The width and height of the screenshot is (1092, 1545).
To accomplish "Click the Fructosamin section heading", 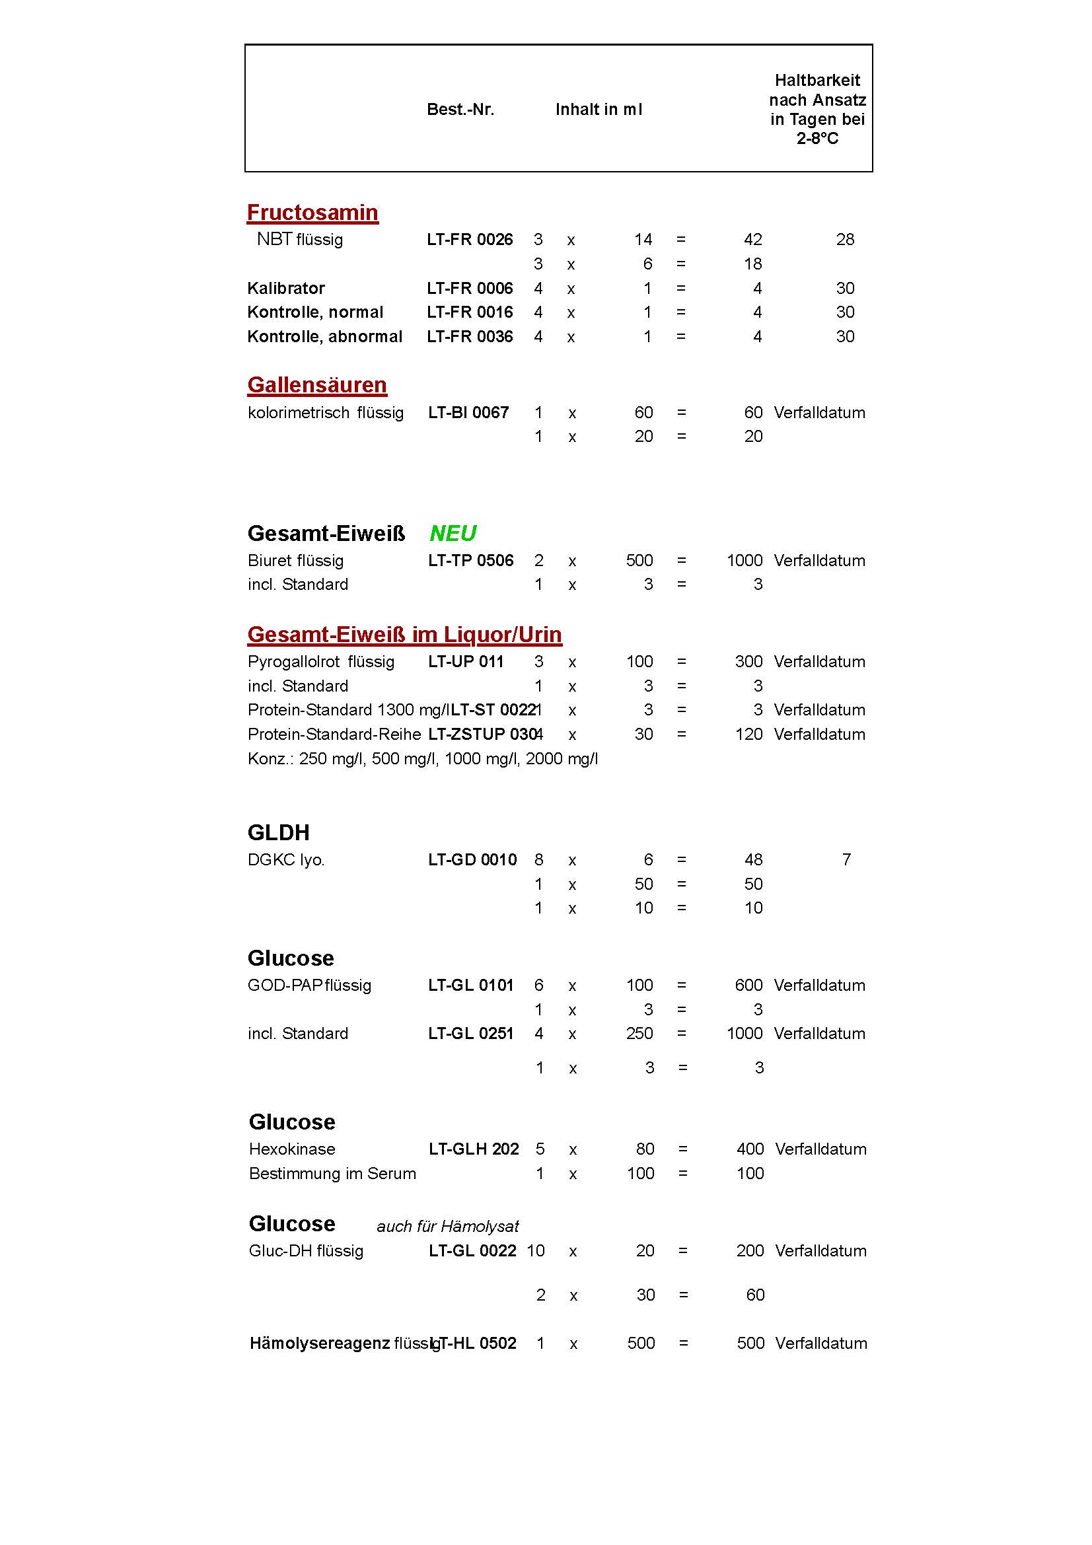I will [312, 213].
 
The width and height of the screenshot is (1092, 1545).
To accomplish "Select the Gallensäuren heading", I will [317, 385].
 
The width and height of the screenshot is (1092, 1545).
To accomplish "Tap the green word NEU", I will [453, 534].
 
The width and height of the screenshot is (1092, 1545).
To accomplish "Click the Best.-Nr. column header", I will [460, 110].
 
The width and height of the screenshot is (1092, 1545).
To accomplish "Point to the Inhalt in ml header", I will [599, 110].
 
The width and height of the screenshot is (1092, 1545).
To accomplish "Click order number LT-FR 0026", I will [470, 240].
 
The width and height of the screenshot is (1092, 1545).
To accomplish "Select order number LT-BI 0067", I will [468, 412].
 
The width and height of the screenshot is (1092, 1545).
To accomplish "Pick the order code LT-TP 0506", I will [470, 561].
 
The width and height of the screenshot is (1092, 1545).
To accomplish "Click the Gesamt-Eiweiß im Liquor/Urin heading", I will [404, 635].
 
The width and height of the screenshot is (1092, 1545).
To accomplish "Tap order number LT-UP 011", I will [466, 661].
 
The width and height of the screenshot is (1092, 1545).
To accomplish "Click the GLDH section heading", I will [279, 833].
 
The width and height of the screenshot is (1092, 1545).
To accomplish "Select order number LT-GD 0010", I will [472, 860].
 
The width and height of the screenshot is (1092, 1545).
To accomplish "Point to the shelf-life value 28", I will [845, 240].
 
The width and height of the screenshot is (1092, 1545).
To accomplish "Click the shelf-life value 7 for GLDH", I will [846, 860].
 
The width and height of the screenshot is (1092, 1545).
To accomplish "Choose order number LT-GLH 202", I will [474, 1149].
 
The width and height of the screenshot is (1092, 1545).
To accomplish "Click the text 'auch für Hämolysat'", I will [447, 1227].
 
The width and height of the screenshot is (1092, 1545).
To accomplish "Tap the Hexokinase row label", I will [292, 1149].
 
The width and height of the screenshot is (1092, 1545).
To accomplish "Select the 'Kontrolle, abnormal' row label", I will [325, 336].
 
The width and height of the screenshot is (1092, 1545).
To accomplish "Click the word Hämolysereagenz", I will [320, 1344].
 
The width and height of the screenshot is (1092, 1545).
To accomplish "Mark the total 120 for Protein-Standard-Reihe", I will [749, 734].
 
